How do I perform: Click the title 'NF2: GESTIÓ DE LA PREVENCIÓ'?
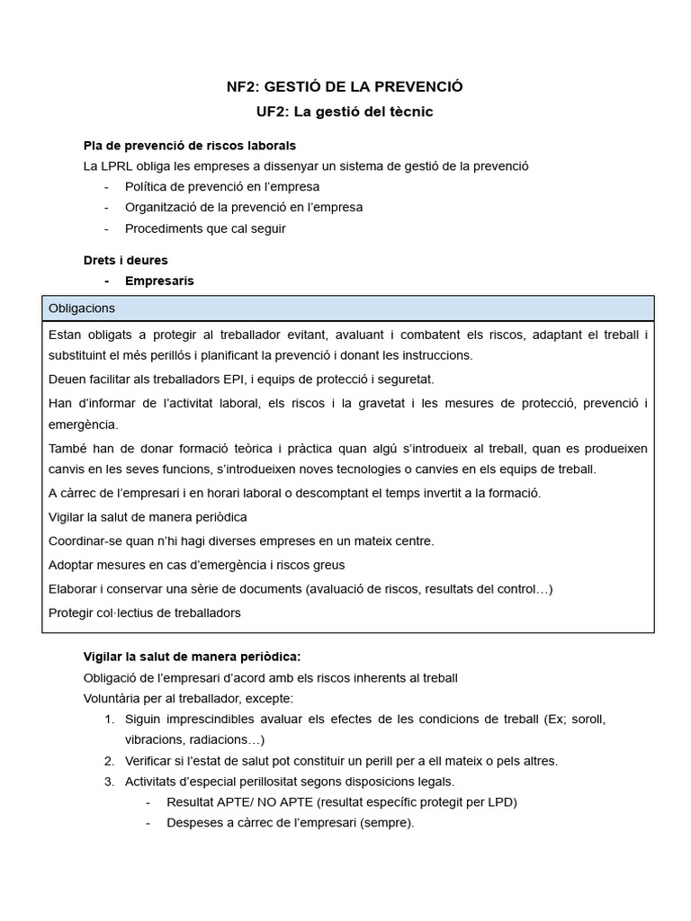coord(345,86)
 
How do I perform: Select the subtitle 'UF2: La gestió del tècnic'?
coord(345,112)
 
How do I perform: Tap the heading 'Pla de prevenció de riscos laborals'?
coord(189,145)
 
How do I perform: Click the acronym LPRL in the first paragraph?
coord(117,165)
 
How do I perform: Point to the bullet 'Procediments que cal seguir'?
coord(205,228)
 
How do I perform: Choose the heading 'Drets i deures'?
coord(126,260)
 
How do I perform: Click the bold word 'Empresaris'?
coord(159,281)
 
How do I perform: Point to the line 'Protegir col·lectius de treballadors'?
coord(145,613)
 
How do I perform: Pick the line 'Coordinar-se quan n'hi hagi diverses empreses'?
coord(241,541)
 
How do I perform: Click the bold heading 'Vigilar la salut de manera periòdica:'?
coord(185,657)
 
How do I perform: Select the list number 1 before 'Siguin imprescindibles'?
coord(108,720)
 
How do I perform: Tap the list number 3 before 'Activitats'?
coord(108,781)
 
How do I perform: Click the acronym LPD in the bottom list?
coord(505,801)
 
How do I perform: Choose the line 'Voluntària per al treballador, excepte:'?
coord(188,698)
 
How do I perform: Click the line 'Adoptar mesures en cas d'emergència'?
coord(196,565)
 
